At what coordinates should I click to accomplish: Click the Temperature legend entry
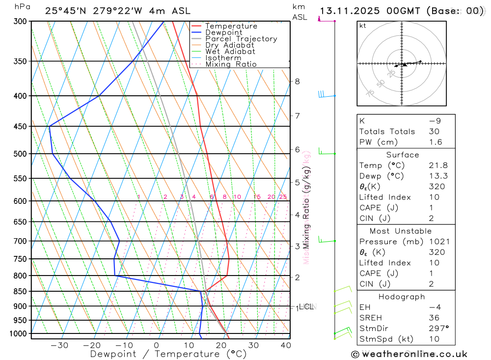point(231,26)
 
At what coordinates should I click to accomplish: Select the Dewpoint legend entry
point(223,32)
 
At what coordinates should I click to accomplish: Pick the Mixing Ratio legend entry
point(231,64)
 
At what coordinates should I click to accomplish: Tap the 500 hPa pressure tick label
point(20,154)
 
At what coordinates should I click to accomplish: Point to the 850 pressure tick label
point(20,291)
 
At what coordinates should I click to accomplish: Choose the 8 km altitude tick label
point(297,81)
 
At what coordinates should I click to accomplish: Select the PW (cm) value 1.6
point(436,142)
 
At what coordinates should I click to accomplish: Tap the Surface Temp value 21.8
point(438,166)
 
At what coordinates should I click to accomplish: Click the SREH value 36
point(433,318)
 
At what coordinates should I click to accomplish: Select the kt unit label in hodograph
point(363,26)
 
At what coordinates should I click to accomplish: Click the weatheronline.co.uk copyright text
point(409,354)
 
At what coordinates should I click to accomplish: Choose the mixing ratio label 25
point(283,197)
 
